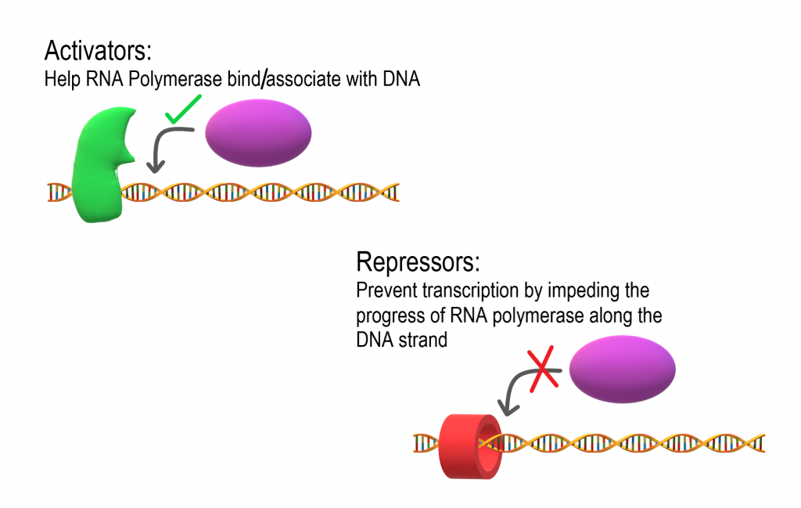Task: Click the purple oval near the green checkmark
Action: (x=258, y=134)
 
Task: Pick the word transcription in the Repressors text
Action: (x=466, y=291)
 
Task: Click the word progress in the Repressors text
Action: (x=386, y=315)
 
